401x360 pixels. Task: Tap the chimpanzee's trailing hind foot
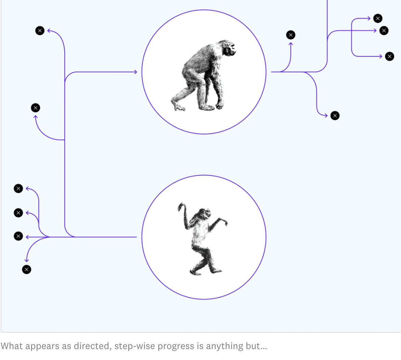tap(178, 105)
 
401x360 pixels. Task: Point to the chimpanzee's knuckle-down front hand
tap(219, 105)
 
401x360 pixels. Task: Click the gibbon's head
tap(205, 213)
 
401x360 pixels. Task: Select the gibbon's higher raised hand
tap(181, 206)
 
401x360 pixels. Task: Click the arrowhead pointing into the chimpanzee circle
tap(135, 72)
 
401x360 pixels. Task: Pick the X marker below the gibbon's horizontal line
tap(27, 269)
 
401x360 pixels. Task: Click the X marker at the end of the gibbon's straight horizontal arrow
tap(18, 236)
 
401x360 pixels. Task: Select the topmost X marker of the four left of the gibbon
tap(18, 189)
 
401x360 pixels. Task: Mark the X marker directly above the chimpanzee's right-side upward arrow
tap(290, 35)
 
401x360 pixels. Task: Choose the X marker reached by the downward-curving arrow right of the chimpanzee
tap(335, 116)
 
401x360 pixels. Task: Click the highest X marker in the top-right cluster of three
tap(378, 18)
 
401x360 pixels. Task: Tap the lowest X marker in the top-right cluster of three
tap(389, 56)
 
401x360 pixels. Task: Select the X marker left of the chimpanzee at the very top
tap(40, 31)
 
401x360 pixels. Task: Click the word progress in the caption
tap(176, 346)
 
